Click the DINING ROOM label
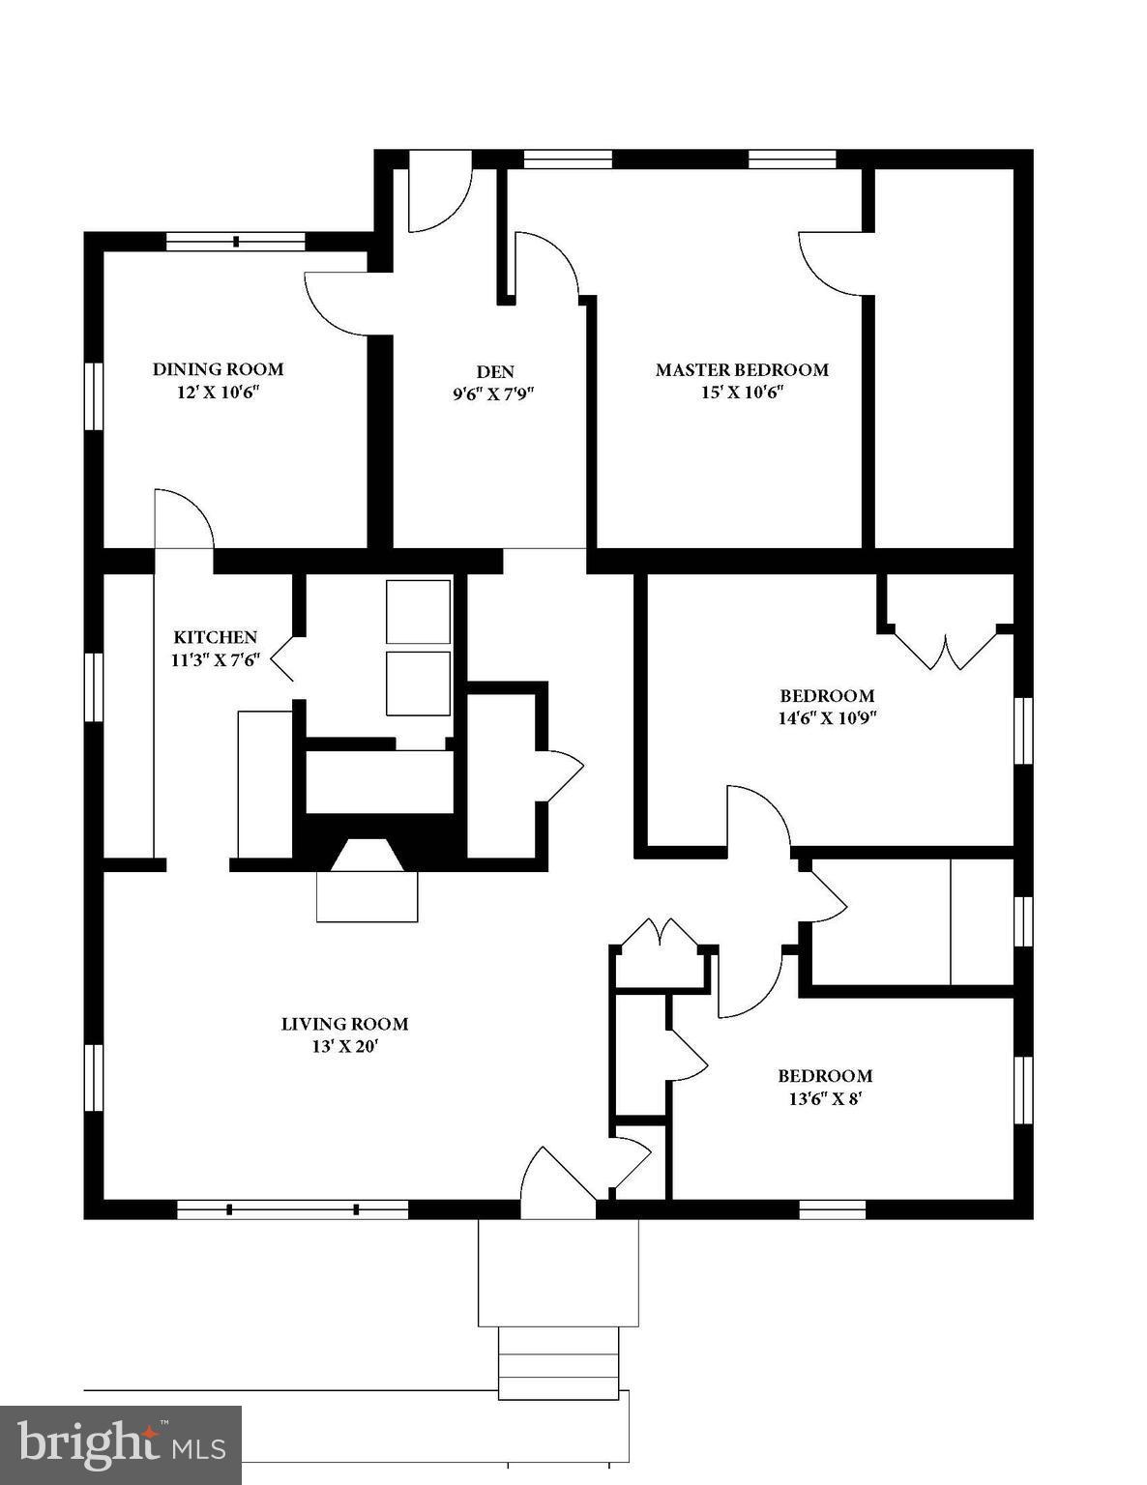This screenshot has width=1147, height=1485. (x=218, y=369)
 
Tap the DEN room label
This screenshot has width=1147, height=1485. (x=494, y=371)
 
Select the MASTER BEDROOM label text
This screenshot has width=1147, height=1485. (x=742, y=369)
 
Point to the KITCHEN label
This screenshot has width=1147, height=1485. (x=215, y=637)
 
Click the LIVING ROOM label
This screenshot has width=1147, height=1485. (x=344, y=1024)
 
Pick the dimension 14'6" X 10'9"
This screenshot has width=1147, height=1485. (x=828, y=717)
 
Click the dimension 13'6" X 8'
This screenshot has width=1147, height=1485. (x=825, y=1098)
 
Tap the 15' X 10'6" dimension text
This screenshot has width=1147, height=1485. (x=742, y=393)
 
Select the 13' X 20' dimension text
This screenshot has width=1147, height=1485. (x=344, y=1047)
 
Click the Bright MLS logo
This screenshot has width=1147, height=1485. (x=121, y=1445)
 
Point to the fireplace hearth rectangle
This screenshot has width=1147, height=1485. (x=368, y=896)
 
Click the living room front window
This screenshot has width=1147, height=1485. (x=293, y=1208)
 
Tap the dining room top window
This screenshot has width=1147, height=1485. (x=236, y=242)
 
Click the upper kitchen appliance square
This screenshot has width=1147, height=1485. (x=418, y=612)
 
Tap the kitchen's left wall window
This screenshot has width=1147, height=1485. (x=94, y=687)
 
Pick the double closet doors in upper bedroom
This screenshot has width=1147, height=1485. (x=945, y=649)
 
